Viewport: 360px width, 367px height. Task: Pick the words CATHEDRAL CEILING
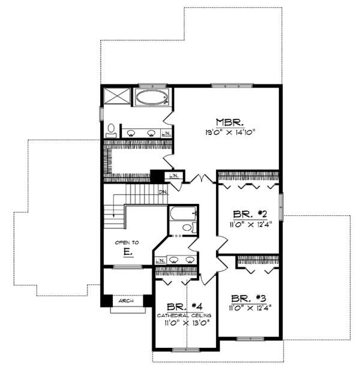(x=185, y=315)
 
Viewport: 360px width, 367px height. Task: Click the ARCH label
(x=125, y=302)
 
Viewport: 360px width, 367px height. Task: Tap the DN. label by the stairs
(x=163, y=192)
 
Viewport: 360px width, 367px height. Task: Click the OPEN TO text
(x=127, y=242)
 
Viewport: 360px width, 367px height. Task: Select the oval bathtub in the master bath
(x=151, y=97)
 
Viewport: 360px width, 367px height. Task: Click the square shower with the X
(x=116, y=96)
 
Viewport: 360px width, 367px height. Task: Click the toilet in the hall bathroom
(x=187, y=228)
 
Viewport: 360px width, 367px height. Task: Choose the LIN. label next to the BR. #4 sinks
(x=161, y=260)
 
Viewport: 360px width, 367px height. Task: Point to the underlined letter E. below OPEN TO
(x=127, y=252)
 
